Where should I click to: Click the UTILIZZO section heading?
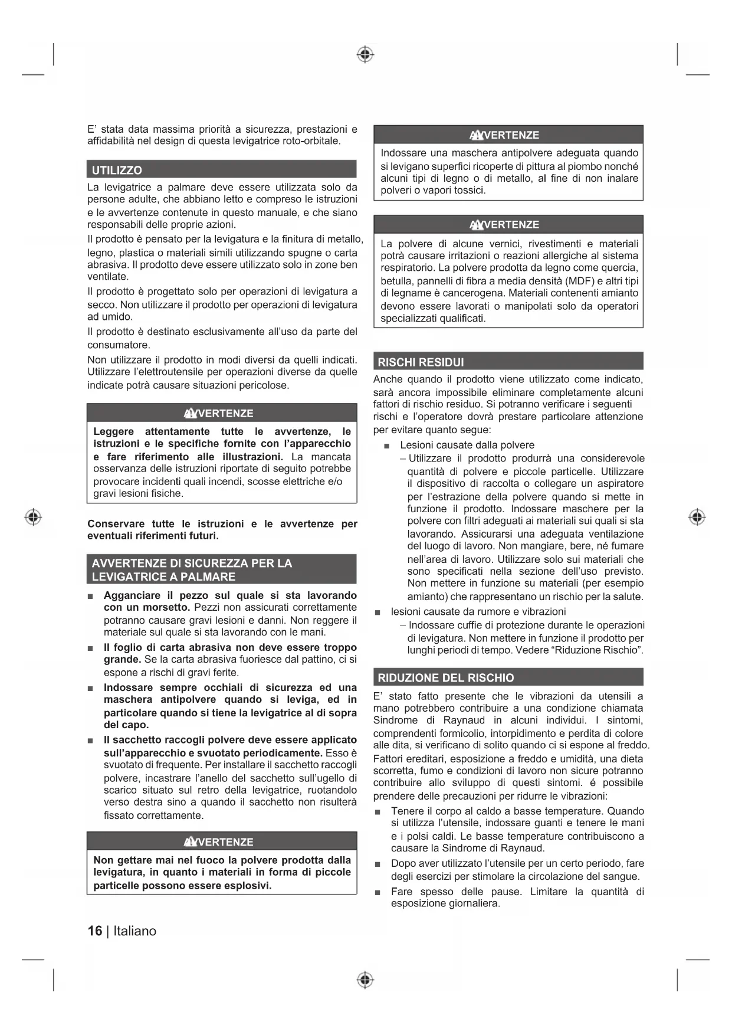click(117, 170)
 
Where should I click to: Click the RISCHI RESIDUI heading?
click(421, 362)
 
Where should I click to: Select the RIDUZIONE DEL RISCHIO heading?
click(445, 677)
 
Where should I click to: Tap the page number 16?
click(94, 931)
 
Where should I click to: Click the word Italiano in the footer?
click(135, 931)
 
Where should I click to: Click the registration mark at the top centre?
click(365, 55)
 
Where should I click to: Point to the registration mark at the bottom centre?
click(365, 980)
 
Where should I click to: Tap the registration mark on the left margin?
click(33, 517)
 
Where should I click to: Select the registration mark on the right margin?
click(697, 517)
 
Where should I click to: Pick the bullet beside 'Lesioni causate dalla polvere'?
click(387, 446)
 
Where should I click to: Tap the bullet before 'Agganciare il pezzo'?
click(90, 596)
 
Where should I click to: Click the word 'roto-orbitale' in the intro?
click(310, 141)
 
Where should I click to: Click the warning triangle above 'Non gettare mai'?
click(191, 841)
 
